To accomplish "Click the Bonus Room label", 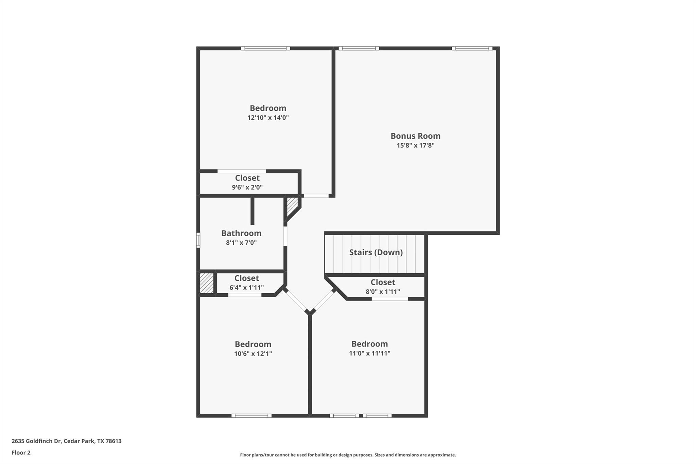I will [x=415, y=136].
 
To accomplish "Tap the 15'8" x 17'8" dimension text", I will [x=415, y=145].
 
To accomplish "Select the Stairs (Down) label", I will [x=376, y=252].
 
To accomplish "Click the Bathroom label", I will [x=241, y=233].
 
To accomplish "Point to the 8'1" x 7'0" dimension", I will [x=241, y=243].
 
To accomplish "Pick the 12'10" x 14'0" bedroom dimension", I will [x=268, y=118].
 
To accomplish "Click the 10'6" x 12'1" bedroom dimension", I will [x=253, y=354].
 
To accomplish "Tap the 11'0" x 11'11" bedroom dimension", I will [x=369, y=353].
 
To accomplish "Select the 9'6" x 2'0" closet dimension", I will [x=247, y=187].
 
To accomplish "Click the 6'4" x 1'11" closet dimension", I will [x=246, y=288].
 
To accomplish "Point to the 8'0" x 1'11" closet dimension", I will [x=383, y=292].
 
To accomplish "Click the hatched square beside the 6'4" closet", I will [x=206, y=283].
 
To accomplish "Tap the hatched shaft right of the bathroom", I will [x=292, y=206].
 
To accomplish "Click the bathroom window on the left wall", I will [x=198, y=240].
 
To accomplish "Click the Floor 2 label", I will [x=21, y=452].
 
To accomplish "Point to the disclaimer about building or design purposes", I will [x=348, y=455].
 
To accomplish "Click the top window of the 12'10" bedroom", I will [x=265, y=48].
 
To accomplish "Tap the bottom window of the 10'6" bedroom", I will [x=251, y=415].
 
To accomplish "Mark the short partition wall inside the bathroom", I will [x=252, y=211].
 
